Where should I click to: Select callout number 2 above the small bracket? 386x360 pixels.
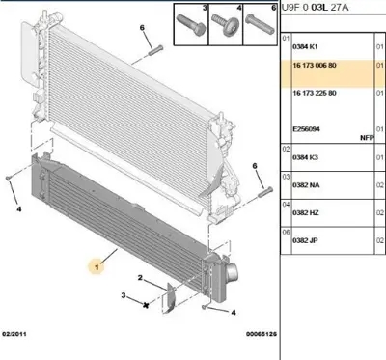pos(140,279)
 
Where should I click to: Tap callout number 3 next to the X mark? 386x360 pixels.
pos(123,295)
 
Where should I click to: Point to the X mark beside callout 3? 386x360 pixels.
pos(145,305)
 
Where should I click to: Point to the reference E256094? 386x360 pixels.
pos(308,128)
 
